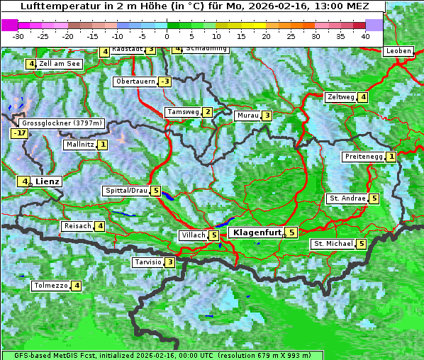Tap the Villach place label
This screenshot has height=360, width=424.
coord(193,235)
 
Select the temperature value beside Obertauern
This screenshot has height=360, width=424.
coord(164,81)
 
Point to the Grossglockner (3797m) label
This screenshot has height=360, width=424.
coord(62,123)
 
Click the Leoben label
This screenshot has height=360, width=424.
coord(398,51)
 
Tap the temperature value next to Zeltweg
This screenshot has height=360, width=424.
coord(363,97)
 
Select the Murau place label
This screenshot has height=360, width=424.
coord(247,116)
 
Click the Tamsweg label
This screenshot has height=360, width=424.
coord(182,112)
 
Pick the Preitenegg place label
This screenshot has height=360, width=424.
coord(364,157)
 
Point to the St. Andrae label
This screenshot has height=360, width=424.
coord(347,198)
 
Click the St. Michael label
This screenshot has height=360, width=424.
coord(333,244)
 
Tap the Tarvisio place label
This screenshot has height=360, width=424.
coord(147,262)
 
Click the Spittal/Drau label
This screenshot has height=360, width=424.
coord(126,191)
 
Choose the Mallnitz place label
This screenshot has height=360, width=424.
coord(79,145)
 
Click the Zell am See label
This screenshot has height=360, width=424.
coord(60,64)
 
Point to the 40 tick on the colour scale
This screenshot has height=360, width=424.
coord(365,35)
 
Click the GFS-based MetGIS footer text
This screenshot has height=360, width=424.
coord(162,355)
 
